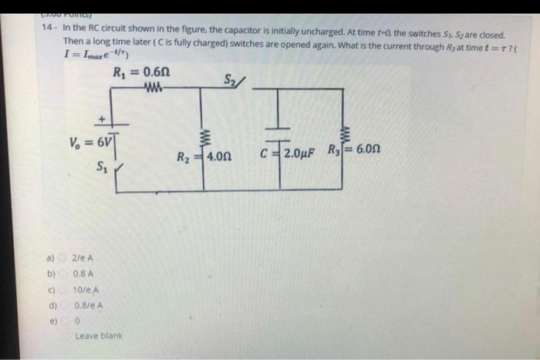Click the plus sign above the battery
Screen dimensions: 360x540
point(101,119)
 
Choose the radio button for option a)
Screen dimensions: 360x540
point(65,257)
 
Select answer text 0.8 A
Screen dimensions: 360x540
point(83,273)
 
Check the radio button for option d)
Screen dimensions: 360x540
point(65,304)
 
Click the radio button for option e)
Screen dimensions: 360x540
point(65,320)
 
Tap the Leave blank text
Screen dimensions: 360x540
point(98,336)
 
